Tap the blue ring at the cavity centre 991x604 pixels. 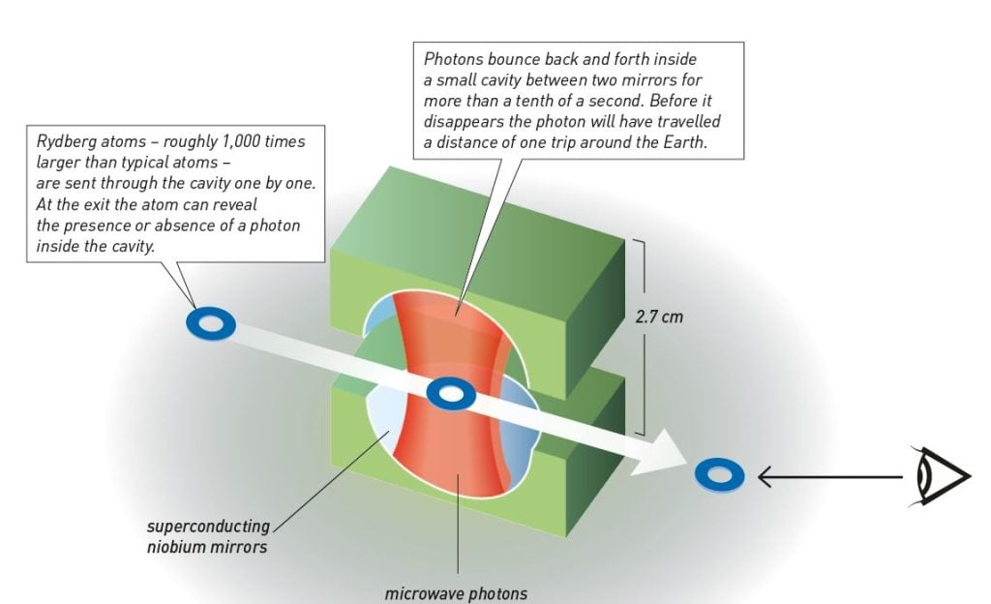point(451,393)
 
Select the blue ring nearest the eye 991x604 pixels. point(719,474)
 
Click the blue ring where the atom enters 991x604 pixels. point(210,324)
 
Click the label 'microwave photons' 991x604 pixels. point(458,592)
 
